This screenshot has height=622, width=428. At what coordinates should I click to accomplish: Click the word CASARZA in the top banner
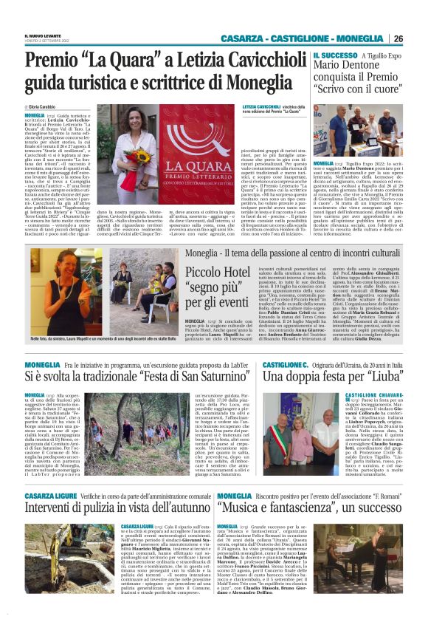point(245,38)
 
